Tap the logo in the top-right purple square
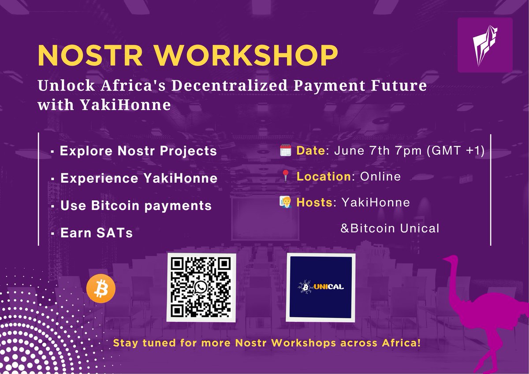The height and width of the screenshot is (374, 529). point(485,45)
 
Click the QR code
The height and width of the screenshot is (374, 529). point(201,287)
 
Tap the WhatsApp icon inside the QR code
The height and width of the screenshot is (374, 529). point(201,288)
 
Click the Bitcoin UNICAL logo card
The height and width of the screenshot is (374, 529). point(321,288)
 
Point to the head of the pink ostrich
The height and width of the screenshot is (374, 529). point(451,261)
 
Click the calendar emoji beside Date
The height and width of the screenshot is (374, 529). point(285,151)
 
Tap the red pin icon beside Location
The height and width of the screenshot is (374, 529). point(285,177)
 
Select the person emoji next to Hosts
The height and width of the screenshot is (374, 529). point(285,202)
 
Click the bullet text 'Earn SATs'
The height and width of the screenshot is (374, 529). point(96,233)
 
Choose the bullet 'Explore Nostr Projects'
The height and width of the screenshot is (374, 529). point(138,151)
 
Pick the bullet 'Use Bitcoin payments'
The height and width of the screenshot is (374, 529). point(136,206)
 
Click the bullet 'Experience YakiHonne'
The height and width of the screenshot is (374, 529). point(138,179)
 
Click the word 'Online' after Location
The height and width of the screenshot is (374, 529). point(380,177)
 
